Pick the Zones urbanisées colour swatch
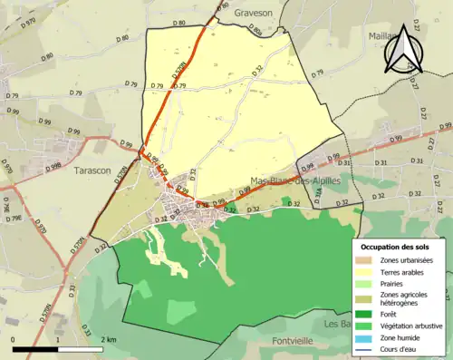tap(368, 261)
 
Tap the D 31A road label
tap(320, 191)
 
